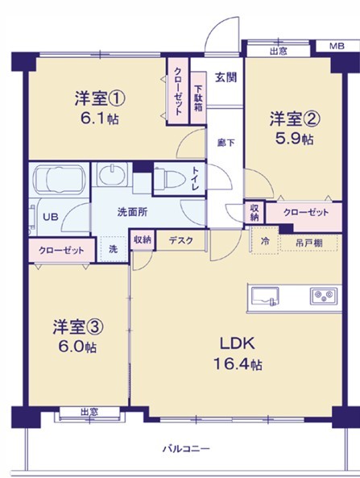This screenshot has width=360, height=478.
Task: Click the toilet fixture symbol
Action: [x=167, y=178]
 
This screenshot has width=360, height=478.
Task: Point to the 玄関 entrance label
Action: [x=226, y=78]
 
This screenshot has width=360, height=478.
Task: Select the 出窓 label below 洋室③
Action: [x=89, y=413]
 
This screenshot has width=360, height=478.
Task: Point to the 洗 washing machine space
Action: [x=113, y=249]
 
